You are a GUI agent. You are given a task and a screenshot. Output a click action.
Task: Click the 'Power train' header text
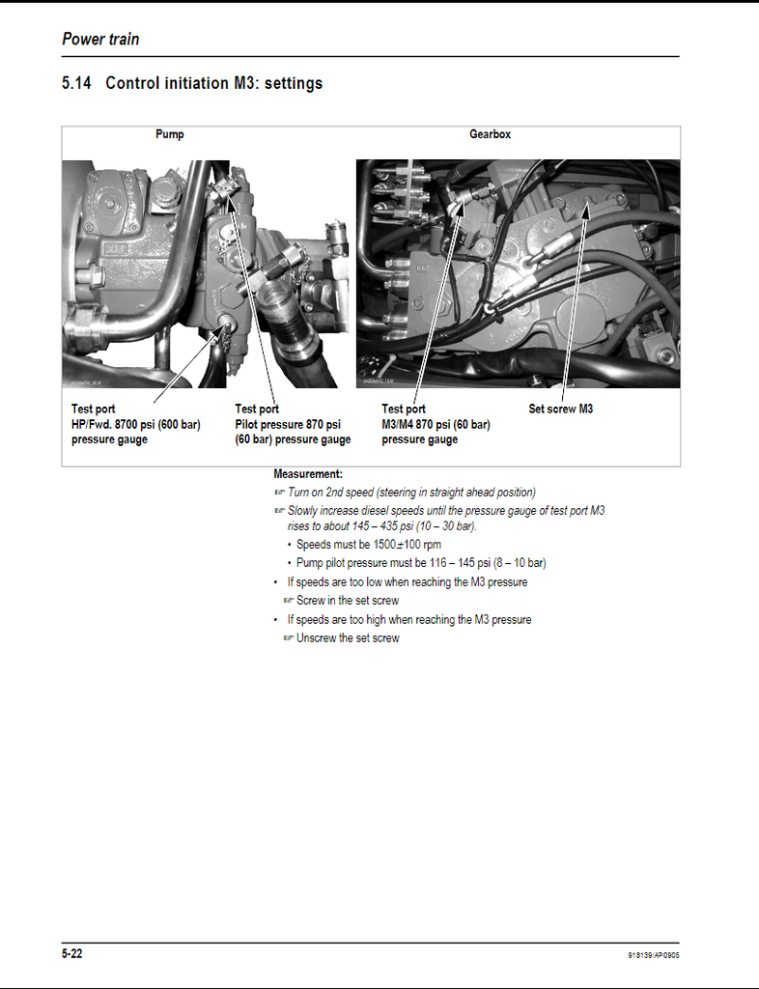click(100, 40)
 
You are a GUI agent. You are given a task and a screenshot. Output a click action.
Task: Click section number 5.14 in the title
click(76, 83)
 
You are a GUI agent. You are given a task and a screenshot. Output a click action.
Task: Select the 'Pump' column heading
click(169, 134)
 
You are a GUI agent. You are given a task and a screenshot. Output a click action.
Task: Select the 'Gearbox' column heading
click(490, 134)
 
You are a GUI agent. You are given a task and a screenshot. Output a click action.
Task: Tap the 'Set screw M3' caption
click(560, 409)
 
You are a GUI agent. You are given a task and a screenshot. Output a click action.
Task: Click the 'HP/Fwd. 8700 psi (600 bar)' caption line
click(136, 424)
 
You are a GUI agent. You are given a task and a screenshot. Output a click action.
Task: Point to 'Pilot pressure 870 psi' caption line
click(288, 424)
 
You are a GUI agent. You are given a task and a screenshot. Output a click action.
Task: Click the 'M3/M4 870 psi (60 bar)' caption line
click(436, 424)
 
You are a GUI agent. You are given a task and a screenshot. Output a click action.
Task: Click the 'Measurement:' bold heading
click(308, 474)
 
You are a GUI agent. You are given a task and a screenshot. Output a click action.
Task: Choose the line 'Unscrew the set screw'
click(347, 638)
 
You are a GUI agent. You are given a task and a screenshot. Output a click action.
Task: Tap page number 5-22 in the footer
click(72, 954)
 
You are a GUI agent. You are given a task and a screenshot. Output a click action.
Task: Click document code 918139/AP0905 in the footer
click(653, 956)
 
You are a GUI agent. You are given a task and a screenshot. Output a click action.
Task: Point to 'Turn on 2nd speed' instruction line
click(410, 493)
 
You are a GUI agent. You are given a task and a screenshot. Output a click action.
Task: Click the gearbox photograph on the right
click(518, 273)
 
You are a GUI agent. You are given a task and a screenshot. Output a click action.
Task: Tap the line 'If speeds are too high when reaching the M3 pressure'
click(408, 620)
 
